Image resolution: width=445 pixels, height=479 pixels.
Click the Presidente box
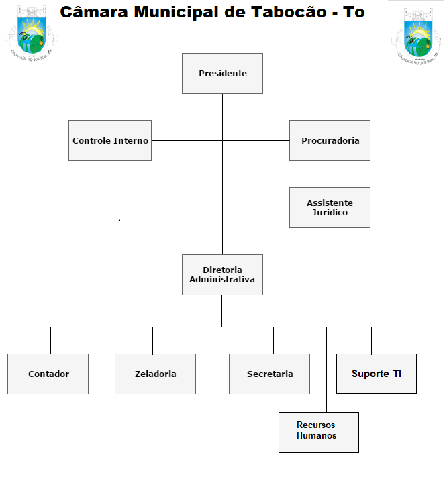tap(222, 73)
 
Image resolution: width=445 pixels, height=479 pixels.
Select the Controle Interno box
tap(110, 140)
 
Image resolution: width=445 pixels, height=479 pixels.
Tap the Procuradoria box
tap(330, 140)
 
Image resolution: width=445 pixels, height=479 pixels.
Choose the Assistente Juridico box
tap(330, 207)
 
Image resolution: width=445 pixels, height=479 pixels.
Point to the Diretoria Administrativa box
tap(222, 274)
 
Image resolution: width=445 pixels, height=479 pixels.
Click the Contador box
tap(48, 374)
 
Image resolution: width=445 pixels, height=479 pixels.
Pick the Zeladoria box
tap(155, 374)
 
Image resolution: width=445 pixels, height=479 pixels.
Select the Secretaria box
tap(269, 374)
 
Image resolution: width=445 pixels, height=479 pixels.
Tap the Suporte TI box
tap(377, 373)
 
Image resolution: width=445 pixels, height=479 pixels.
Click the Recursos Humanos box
tap(319, 432)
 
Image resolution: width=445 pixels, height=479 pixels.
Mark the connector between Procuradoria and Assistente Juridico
tap(330, 174)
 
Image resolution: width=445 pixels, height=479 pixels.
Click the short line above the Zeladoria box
tap(152, 340)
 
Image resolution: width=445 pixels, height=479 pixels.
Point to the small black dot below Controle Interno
tap(119, 220)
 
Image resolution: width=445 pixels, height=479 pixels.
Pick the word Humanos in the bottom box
tap(316, 436)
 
